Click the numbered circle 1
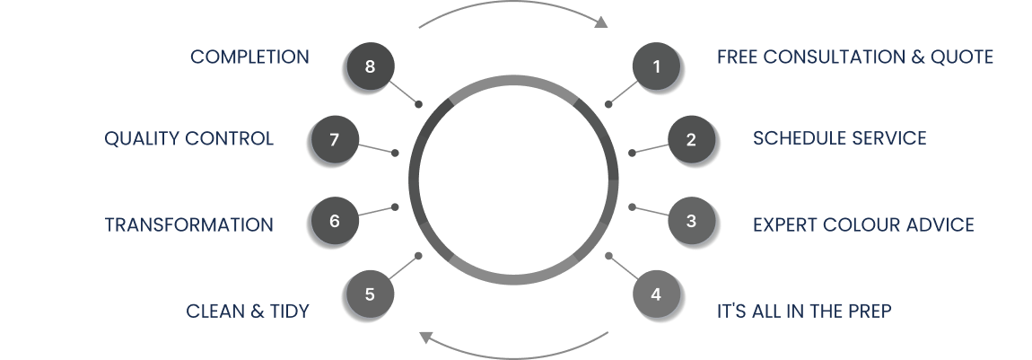click(x=656, y=66)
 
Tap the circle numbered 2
click(x=691, y=139)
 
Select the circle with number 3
click(x=691, y=220)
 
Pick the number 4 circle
click(x=656, y=294)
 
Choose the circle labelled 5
click(x=369, y=294)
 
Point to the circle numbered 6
click(x=334, y=220)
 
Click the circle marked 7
click(x=334, y=139)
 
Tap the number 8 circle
click(x=369, y=66)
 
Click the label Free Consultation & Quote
click(x=854, y=57)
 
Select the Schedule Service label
click(x=839, y=138)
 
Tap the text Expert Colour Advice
click(x=862, y=224)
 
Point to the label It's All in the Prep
click(x=803, y=312)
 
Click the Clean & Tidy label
click(x=248, y=312)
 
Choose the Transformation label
click(x=188, y=224)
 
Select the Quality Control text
click(x=188, y=139)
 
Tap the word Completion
click(x=249, y=57)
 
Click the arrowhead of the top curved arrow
click(x=602, y=22)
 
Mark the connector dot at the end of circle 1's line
click(x=608, y=104)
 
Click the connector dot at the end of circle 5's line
click(x=419, y=255)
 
